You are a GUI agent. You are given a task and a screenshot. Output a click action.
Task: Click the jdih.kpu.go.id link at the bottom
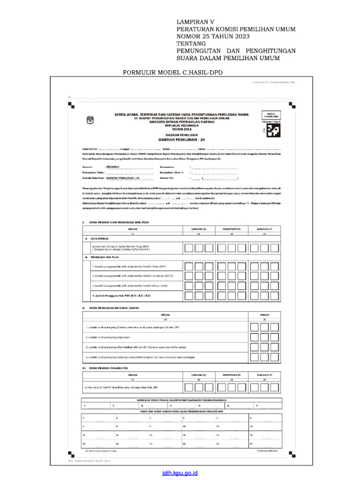180,473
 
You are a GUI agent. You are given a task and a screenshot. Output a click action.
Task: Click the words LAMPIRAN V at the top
195,22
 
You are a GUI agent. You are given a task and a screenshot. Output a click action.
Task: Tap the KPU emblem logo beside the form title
90,120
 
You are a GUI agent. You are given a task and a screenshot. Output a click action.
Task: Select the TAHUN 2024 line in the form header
181,129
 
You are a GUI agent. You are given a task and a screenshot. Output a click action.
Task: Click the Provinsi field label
89,167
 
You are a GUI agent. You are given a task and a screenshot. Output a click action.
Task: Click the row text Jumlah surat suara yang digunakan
108,337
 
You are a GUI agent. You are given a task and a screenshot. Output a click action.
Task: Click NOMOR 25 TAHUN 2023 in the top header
213,37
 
